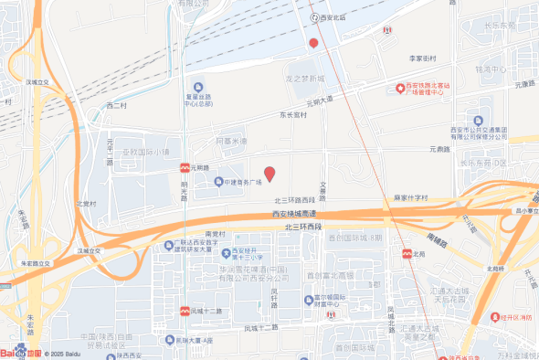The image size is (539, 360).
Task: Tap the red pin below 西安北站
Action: click(313, 43)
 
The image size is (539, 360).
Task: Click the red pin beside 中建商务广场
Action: click(269, 173)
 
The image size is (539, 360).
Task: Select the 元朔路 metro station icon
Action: click(185, 168)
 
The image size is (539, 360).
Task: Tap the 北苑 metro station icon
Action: click(406, 254)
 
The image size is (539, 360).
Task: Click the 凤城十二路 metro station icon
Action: click(185, 312)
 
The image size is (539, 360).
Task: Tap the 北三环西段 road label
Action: click(304, 227)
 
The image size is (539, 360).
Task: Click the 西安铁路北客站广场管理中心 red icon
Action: click(399, 88)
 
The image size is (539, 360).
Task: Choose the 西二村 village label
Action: click(118, 105)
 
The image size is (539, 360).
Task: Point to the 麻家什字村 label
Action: click(411, 196)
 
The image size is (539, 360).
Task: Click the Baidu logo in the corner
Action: click(20, 351)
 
